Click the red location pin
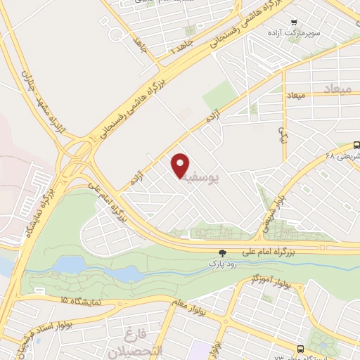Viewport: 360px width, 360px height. click(181, 165)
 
